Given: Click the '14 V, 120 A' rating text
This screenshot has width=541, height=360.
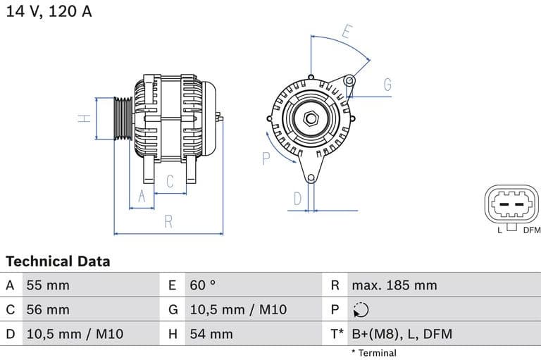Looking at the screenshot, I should coord(49,11).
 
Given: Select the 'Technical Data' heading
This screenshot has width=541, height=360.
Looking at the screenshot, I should coord(58,261).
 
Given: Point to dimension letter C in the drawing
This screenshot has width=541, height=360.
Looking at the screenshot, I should coord(170,181).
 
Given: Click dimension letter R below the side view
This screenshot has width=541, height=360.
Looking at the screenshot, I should coord(168,221).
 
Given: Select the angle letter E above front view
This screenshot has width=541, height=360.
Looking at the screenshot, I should coord(347,31).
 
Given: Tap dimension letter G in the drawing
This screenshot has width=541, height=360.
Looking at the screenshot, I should coord(387,85).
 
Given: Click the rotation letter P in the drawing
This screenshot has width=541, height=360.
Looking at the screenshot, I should coord(266,158).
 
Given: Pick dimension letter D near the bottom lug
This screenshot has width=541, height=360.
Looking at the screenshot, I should coord(297,198).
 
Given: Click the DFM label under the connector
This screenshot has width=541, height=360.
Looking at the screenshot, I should coord(531,230).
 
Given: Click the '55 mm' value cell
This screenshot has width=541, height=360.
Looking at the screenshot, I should coord(48,285).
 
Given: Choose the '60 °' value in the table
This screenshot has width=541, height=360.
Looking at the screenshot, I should coord(203,285).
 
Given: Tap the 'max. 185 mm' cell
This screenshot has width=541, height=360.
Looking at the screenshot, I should coord(394,285).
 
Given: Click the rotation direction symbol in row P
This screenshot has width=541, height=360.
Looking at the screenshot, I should coord(360,309).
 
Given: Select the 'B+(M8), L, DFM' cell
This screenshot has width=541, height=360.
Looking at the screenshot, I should coord(402,334).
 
